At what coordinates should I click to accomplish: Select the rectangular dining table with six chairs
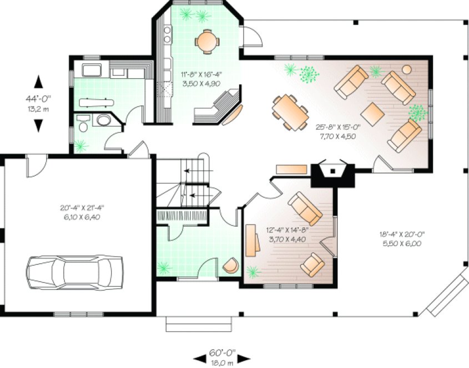click(290, 111)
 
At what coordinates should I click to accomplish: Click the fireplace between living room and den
click(332, 172)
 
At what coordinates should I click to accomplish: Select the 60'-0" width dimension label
click(222, 352)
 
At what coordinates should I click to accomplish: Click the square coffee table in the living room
click(372, 114)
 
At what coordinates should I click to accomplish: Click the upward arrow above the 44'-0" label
click(38, 81)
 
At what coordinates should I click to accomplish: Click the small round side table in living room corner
click(407, 69)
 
